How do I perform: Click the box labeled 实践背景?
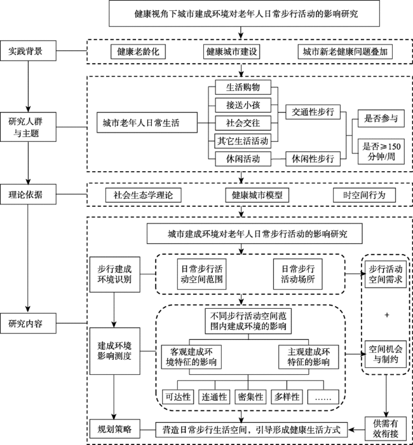point(28,51)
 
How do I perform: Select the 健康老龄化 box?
point(138,52)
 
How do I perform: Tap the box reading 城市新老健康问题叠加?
point(345,52)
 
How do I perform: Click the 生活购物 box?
point(243,87)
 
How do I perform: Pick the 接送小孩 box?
point(243,105)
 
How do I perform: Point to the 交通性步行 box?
point(313,112)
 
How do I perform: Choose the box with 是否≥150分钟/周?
point(381,152)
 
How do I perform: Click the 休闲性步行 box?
point(313,159)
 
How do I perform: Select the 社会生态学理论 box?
point(144,195)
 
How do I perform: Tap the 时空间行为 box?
point(364,195)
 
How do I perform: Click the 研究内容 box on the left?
point(28,323)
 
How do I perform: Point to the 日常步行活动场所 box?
point(298,274)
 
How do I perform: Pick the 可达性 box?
point(178,397)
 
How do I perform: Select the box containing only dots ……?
point(323,397)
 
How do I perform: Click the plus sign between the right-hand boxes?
point(387,314)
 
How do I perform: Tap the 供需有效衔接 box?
point(386,428)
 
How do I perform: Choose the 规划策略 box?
point(115,429)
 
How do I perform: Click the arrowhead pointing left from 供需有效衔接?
point(351,430)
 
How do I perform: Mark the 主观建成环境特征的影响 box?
point(308,357)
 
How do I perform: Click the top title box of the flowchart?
point(244,13)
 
